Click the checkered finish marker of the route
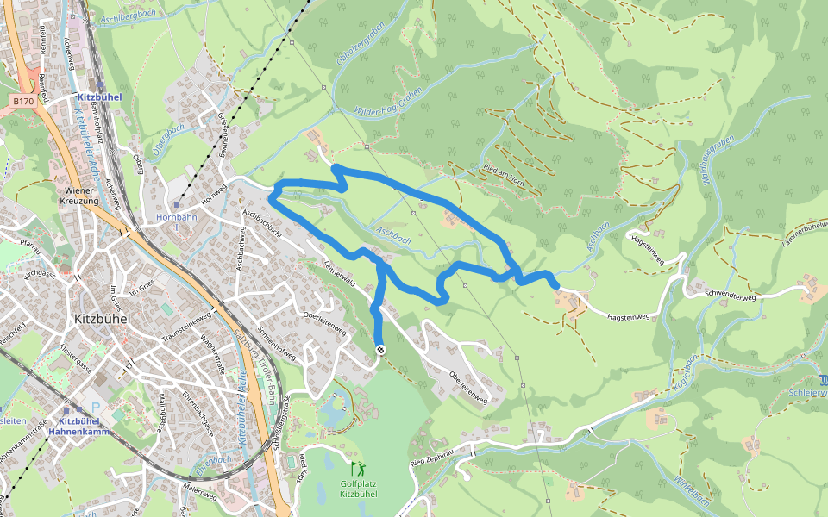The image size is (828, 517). pyautogui.click(x=380, y=349)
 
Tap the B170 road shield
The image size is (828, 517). pyautogui.click(x=22, y=102)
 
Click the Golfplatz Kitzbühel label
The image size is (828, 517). pyautogui.click(x=358, y=489)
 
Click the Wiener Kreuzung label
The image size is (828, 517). pyautogui.click(x=84, y=195)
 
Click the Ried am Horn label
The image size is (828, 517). pyautogui.click(x=505, y=171)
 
